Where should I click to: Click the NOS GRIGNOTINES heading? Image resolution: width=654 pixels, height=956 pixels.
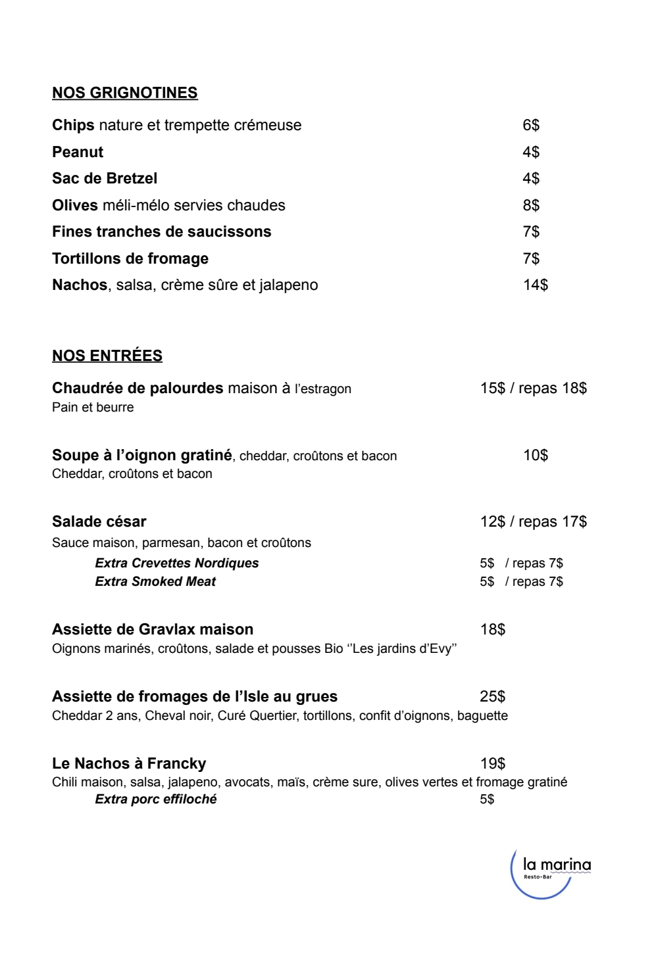pyautogui.click(x=125, y=93)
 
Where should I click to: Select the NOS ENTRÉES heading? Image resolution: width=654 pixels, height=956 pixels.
pyautogui.click(x=107, y=356)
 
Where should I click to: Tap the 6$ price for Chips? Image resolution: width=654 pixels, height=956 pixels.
pyautogui.click(x=531, y=125)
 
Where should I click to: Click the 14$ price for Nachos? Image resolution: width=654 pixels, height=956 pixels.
pyautogui.click(x=536, y=285)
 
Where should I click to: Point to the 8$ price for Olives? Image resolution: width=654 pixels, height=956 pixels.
pyautogui.click(x=531, y=205)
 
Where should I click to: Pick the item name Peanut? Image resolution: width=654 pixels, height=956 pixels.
pyautogui.click(x=78, y=152)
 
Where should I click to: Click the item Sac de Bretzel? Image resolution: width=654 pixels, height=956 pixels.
pyautogui.click(x=105, y=178)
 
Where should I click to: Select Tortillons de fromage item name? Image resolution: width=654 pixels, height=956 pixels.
pyautogui.click(x=130, y=258)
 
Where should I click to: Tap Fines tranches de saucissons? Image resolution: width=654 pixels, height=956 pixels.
pyautogui.click(x=161, y=231)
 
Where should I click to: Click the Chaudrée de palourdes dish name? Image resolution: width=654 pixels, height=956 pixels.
pyautogui.click(x=138, y=388)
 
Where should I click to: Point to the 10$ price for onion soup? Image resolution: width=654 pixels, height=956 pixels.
pyautogui.click(x=536, y=455)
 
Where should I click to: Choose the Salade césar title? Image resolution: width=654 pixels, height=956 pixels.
pyautogui.click(x=99, y=521)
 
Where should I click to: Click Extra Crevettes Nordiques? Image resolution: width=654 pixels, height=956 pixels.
pyautogui.click(x=177, y=563)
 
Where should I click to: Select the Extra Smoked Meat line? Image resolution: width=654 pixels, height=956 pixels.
pyautogui.click(x=155, y=581)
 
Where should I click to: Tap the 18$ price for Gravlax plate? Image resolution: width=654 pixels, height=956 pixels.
pyautogui.click(x=493, y=629)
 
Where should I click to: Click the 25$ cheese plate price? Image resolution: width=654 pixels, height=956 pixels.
pyautogui.click(x=493, y=696)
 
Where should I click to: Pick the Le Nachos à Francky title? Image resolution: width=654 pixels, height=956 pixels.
pyautogui.click(x=129, y=763)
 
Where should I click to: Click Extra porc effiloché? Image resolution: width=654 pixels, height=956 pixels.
pyautogui.click(x=156, y=799)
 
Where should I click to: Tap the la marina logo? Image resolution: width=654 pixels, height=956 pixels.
pyautogui.click(x=551, y=871)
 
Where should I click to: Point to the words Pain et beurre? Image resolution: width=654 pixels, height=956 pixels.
pyautogui.click(x=93, y=407)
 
